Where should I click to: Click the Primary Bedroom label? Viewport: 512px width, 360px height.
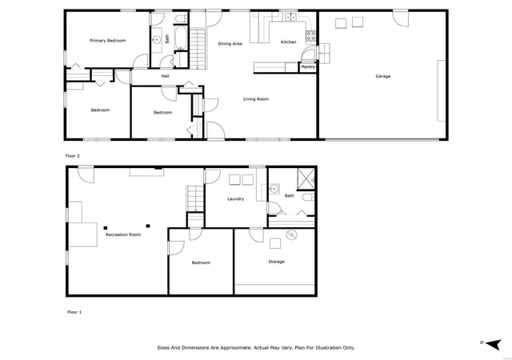(x=108, y=41)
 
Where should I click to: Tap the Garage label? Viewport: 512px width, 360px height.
(x=383, y=76)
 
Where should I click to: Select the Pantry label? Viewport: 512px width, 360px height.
(x=308, y=66)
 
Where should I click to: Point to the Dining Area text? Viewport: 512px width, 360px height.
(x=230, y=43)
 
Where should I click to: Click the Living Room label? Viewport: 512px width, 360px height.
(x=256, y=99)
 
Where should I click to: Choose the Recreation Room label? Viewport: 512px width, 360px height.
(x=123, y=234)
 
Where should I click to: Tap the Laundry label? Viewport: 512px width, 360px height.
(x=235, y=198)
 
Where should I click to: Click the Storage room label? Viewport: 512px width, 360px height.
(x=276, y=262)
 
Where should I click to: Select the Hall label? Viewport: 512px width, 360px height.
(x=166, y=76)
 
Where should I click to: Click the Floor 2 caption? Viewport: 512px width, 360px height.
(x=73, y=156)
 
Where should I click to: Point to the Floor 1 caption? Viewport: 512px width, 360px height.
(x=74, y=312)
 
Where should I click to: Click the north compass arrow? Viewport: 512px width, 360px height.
(x=494, y=344)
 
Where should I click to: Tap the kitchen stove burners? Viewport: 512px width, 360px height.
(x=311, y=36)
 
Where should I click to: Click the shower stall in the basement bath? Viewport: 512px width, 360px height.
(x=306, y=178)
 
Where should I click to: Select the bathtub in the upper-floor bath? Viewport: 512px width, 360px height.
(x=181, y=38)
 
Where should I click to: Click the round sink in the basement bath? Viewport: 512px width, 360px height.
(x=274, y=189)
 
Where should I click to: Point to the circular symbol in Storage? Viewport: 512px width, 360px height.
(x=291, y=234)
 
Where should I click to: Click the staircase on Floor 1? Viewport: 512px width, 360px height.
(x=195, y=198)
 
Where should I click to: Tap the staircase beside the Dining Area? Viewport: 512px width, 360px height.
(x=198, y=49)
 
